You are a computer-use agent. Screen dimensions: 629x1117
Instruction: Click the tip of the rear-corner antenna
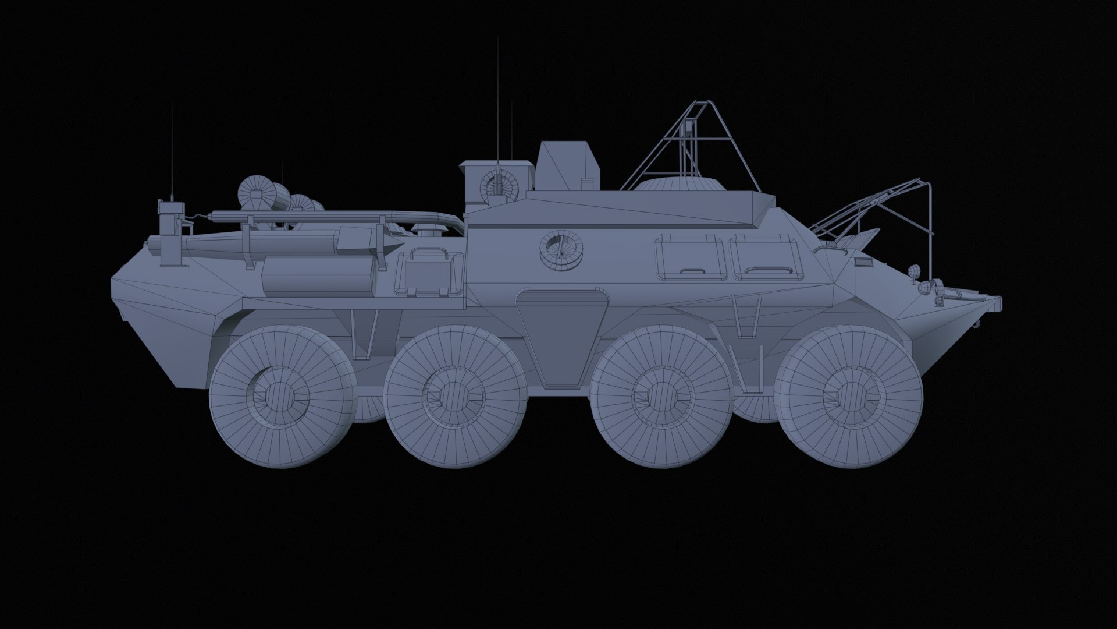point(172,102)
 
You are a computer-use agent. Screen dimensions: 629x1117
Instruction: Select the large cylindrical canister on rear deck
point(318,277)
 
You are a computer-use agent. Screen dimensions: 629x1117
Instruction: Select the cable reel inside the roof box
point(497,184)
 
